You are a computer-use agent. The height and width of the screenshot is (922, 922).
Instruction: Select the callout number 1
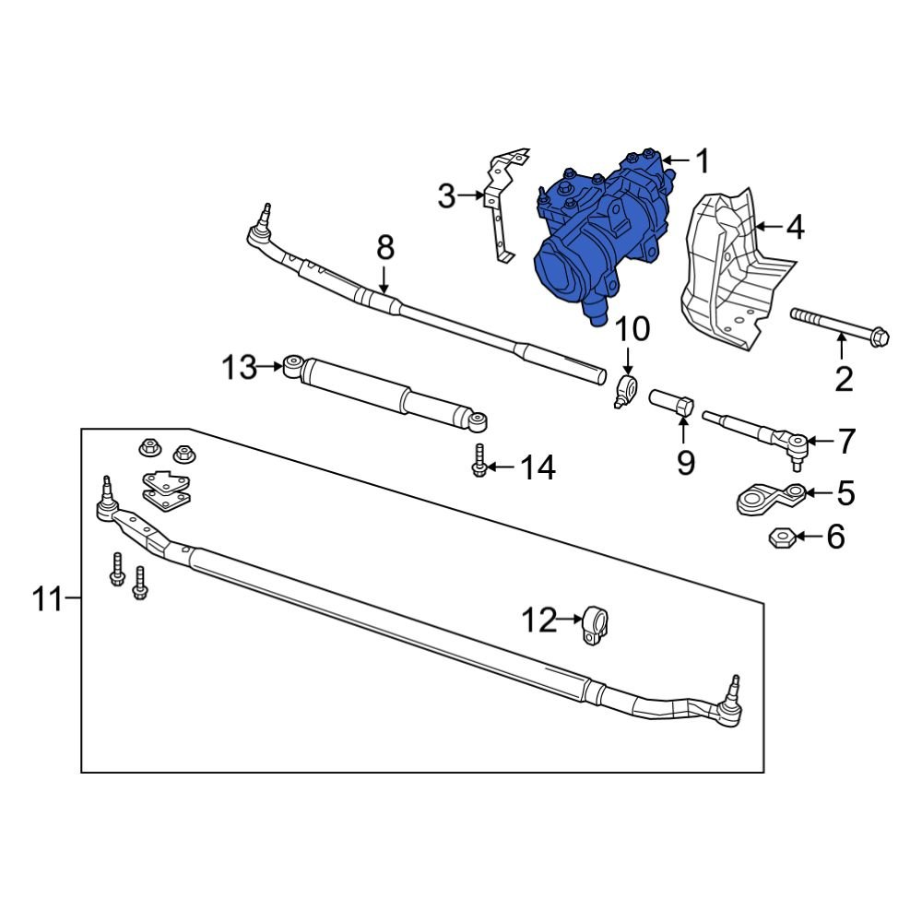703,162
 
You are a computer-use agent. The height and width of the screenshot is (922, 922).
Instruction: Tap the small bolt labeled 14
479,460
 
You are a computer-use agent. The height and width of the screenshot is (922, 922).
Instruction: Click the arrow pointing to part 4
767,225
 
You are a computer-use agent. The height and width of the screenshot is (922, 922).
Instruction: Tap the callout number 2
844,379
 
